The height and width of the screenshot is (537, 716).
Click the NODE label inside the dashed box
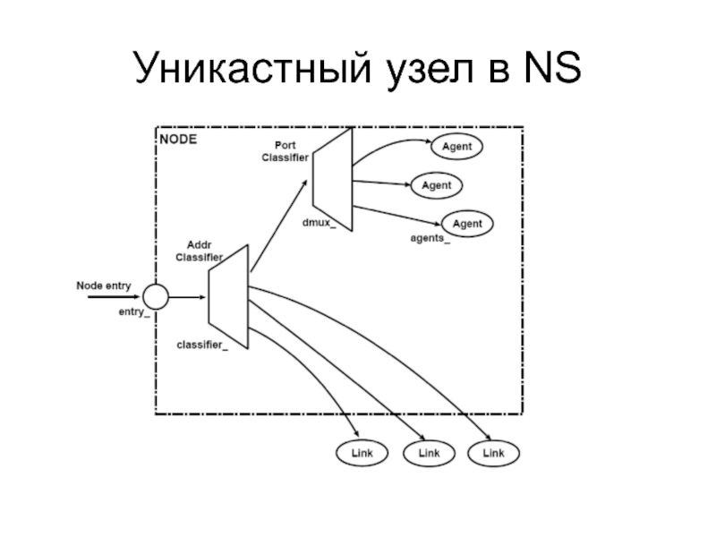(177, 140)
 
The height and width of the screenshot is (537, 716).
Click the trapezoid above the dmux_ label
(331, 178)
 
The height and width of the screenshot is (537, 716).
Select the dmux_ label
(319, 219)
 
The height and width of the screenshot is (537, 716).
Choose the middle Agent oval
(436, 185)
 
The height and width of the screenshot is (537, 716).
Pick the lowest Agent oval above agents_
(467, 223)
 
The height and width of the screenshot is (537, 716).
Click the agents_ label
(430, 239)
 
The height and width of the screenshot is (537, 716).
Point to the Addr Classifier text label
(199, 251)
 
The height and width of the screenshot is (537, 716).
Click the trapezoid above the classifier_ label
(227, 287)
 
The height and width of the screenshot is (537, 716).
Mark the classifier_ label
(202, 345)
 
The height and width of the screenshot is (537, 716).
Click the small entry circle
(155, 296)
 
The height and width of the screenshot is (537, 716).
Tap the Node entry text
(104, 286)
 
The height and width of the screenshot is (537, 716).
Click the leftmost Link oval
(362, 454)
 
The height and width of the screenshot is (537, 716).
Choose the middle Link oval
(427, 454)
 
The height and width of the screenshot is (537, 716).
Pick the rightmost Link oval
(493, 454)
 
